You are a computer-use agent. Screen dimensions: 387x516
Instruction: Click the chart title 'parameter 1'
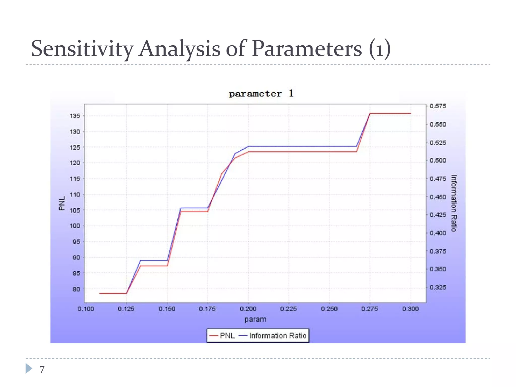pos(261,94)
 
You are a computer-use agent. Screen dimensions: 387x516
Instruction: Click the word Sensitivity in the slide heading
pos(82,49)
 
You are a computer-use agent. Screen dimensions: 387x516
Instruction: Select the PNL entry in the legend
pos(222,336)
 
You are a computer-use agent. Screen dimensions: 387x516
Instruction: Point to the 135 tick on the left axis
pos(75,116)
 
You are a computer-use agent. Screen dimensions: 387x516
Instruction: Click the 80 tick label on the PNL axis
pos(76,289)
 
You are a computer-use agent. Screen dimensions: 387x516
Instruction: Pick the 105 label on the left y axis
pos(75,210)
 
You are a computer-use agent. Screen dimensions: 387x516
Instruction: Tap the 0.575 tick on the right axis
pos(438,106)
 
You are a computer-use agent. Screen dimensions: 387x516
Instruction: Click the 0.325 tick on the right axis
pos(438,287)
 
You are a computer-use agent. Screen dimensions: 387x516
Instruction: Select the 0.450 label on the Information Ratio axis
pos(438,197)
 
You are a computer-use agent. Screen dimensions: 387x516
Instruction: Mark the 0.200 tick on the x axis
pos(248,309)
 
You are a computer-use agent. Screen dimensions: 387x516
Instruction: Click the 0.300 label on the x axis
pos(410,309)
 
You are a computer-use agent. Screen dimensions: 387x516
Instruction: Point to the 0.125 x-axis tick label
pos(126,309)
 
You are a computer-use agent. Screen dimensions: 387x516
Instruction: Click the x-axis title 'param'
pos(255,319)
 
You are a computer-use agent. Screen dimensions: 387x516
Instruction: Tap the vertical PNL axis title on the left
pos(62,203)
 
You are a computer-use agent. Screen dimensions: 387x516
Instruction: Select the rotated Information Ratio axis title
pos(454,203)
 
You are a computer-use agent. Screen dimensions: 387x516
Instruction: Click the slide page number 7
pos(42,369)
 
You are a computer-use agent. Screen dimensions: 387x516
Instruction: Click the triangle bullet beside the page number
pos(29,368)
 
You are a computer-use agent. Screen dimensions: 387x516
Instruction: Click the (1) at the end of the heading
pos(380,49)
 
